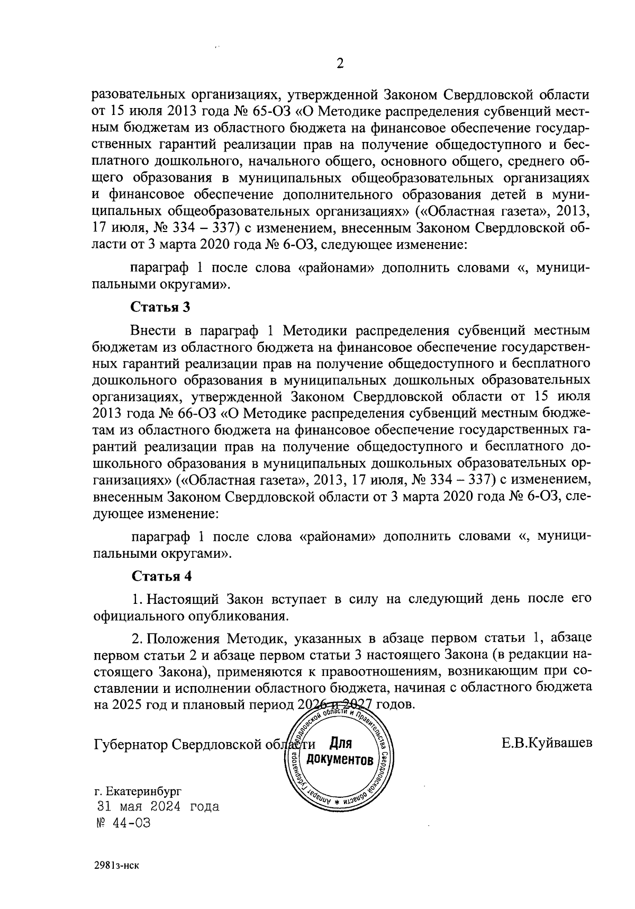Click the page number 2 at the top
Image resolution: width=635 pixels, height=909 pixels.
coord(340,64)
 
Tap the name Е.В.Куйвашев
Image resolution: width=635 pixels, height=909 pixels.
coord(547,743)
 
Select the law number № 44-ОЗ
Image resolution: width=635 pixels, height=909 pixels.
coord(122,823)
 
